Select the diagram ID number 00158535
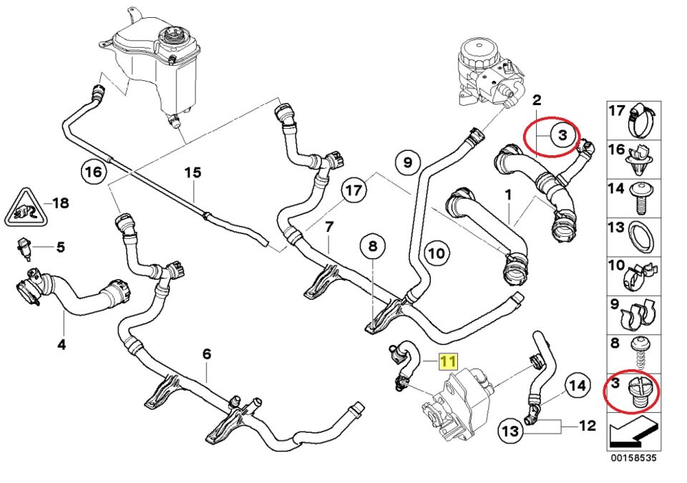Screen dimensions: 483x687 [633, 456]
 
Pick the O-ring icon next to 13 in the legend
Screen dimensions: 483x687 [640, 238]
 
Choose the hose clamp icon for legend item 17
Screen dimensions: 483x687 [641, 120]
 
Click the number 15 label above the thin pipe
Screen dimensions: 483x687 [193, 173]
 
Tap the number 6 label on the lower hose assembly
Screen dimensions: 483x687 [207, 353]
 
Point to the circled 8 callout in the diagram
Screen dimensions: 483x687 [372, 248]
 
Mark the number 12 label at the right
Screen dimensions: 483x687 [587, 426]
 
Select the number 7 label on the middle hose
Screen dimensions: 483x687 [329, 228]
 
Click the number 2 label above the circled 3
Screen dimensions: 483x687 [536, 99]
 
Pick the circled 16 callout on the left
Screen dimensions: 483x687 [92, 173]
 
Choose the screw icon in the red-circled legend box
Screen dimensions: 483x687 [638, 395]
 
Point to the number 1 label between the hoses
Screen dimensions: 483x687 [507, 194]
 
